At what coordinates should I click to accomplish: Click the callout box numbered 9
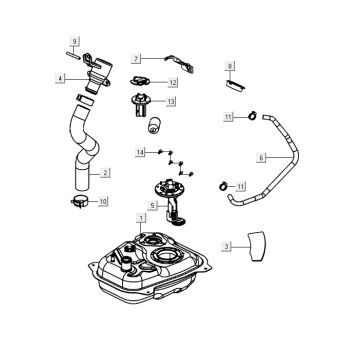tap(74, 42)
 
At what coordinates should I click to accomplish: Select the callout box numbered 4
tap(60, 79)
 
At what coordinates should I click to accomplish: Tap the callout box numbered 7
tap(136, 59)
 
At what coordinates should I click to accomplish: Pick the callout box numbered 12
tap(173, 82)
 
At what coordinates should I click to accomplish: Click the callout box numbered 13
tap(171, 102)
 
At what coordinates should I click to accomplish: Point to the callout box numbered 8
tap(230, 66)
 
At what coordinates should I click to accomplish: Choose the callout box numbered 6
tap(261, 158)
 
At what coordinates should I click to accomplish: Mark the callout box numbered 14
tap(140, 153)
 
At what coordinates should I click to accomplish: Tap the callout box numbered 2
tap(105, 173)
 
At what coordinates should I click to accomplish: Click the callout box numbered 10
tap(103, 201)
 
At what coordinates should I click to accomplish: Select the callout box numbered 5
tap(152, 206)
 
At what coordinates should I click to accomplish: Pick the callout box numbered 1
tap(141, 218)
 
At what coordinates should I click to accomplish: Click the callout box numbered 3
tap(226, 247)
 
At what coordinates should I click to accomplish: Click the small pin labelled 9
tap(73, 55)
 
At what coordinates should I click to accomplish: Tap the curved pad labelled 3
tap(256, 246)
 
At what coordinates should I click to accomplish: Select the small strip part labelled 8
tap(236, 86)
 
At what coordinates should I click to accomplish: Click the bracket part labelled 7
tap(181, 63)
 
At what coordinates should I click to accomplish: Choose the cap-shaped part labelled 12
tap(140, 81)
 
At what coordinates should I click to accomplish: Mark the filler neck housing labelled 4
tap(97, 74)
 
